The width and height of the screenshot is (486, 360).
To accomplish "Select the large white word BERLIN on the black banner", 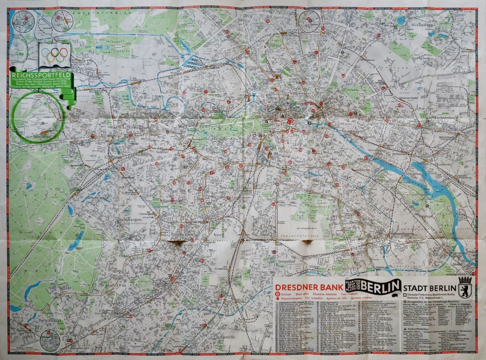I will (381, 287).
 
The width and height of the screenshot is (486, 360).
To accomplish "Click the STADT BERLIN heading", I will (429, 288).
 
